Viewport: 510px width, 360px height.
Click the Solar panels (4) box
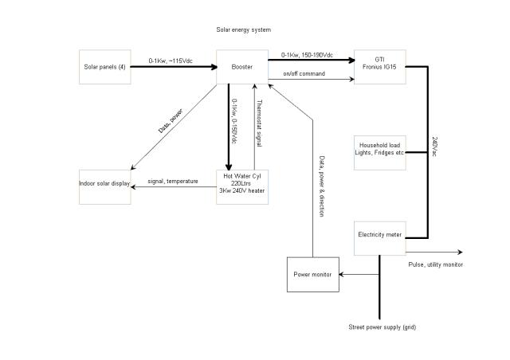point(104,68)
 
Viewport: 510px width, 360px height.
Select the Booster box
point(242,68)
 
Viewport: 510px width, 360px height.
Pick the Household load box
point(380,152)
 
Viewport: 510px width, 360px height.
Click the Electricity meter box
point(380,236)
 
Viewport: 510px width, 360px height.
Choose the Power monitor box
point(312,274)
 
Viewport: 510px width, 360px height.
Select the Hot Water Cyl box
point(242,188)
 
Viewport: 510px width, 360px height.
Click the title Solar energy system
point(243,29)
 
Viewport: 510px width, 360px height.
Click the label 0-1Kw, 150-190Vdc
point(307,55)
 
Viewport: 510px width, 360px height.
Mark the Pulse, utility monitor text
point(435,264)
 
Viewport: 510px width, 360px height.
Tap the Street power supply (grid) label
point(382,327)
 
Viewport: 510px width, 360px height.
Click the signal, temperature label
point(172,182)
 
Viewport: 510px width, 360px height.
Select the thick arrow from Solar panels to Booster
point(172,68)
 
